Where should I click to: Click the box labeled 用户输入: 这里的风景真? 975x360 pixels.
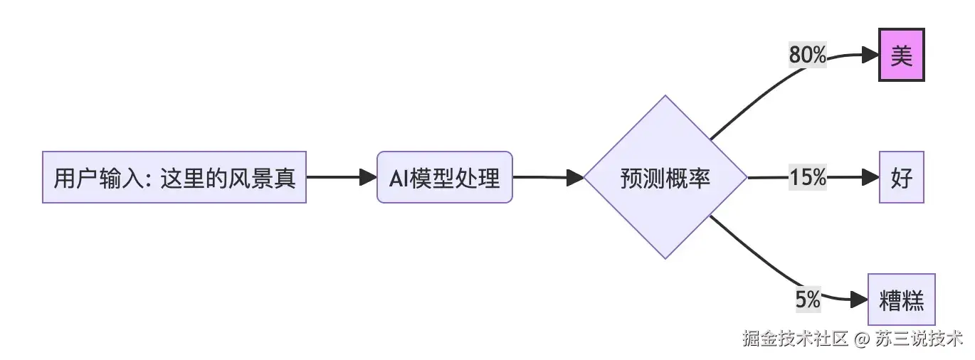click(174, 177)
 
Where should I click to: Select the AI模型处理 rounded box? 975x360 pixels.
click(444, 177)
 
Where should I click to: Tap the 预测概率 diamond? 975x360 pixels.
click(665, 177)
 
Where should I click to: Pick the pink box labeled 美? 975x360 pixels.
click(901, 55)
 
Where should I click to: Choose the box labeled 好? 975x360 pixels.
click(901, 177)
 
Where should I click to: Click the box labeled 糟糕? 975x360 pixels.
click(902, 300)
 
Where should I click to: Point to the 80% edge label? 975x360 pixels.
click(807, 55)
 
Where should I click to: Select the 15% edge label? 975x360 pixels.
click(807, 178)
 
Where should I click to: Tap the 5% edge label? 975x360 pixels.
click(808, 300)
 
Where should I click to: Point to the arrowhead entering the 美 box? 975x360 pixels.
click(870, 55)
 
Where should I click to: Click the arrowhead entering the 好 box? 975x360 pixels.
click(870, 177)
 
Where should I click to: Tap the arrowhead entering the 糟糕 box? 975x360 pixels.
click(860, 300)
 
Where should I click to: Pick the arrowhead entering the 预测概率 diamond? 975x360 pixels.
click(575, 178)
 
